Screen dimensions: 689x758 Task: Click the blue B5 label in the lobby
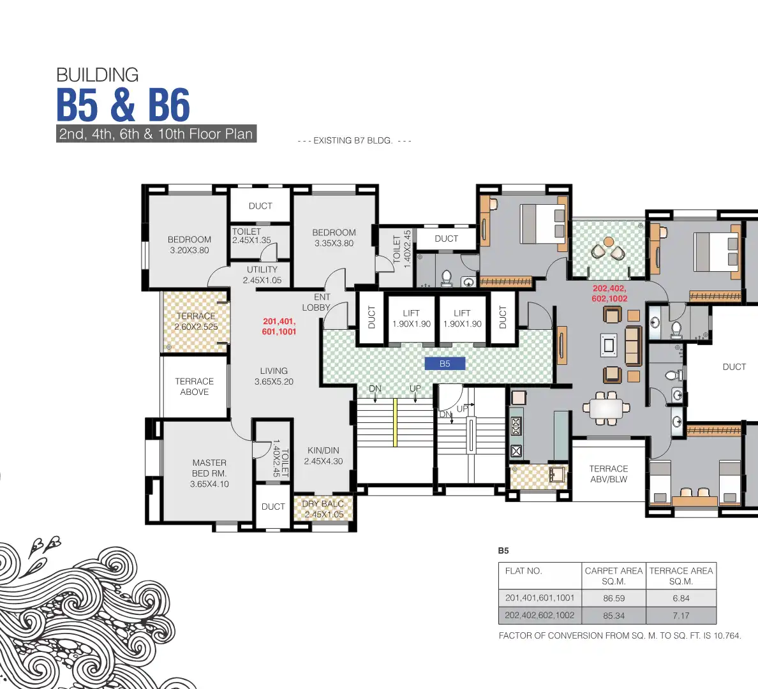[x=445, y=364]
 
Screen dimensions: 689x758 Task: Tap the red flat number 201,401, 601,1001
[x=279, y=327]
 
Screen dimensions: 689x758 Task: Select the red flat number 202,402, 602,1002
[x=609, y=293]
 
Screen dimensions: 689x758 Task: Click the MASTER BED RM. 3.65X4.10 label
[x=209, y=473]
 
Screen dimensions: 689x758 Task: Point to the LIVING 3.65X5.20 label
[x=274, y=376]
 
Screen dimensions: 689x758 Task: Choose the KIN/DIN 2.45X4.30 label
[x=323, y=456]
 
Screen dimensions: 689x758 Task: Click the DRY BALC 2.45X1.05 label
[x=323, y=509]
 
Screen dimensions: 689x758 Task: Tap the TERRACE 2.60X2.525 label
[x=196, y=322]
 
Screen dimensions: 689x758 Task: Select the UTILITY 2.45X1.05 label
[x=262, y=275]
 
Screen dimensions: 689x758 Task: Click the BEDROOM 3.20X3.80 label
[x=189, y=245]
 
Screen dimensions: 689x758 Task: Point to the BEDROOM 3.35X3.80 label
[x=334, y=238]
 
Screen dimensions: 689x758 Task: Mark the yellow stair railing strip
[x=396, y=422]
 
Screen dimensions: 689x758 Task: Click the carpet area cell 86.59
[x=614, y=598]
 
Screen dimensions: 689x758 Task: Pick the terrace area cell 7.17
[x=681, y=616]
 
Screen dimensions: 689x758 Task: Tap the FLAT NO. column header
[x=523, y=571]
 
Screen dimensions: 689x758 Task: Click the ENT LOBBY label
[x=318, y=302]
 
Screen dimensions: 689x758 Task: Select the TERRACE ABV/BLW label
[x=608, y=474]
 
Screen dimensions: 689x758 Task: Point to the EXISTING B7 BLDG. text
[x=354, y=140]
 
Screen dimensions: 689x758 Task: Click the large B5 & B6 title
[x=123, y=105]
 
